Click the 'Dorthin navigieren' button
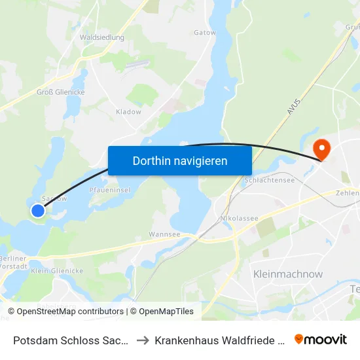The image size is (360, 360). (180, 160)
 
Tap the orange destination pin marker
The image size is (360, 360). (321, 149)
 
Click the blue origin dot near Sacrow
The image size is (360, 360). (39, 210)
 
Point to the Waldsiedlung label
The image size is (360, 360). (101, 38)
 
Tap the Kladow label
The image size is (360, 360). (128, 112)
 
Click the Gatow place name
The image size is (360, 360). (205, 32)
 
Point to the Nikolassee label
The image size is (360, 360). (240, 218)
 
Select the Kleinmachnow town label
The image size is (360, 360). (287, 274)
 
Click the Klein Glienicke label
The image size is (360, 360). (57, 270)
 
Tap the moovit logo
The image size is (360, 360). (321, 339)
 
